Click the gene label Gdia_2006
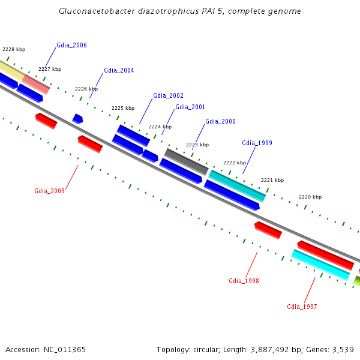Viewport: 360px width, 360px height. click(x=71, y=45)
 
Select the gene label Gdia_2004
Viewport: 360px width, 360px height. click(x=119, y=70)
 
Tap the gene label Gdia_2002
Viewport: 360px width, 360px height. click(x=168, y=95)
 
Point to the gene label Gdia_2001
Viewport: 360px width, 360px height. click(x=190, y=107)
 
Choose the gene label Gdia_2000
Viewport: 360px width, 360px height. click(x=220, y=121)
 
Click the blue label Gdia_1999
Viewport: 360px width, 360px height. click(x=257, y=143)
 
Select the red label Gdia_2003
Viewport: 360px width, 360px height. click(x=49, y=191)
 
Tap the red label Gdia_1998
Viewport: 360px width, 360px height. click(x=244, y=281)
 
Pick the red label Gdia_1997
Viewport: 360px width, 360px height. click(x=302, y=307)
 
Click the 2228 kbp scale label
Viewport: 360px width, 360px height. click(x=14, y=49)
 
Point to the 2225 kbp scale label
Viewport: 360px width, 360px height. click(x=123, y=109)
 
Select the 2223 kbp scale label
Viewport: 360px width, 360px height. click(x=197, y=145)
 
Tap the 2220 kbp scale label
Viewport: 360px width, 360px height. click(x=310, y=197)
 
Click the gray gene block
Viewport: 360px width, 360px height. click(x=186, y=161)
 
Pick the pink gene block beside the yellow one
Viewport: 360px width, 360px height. click(x=36, y=85)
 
